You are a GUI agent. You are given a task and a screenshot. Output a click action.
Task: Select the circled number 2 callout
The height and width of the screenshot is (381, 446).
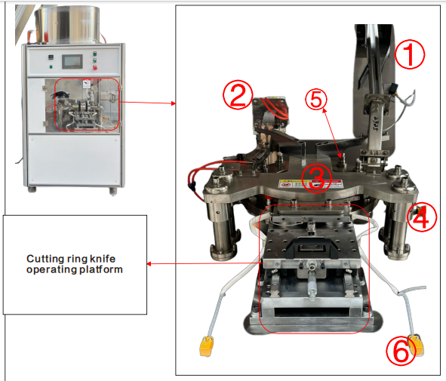[x=237, y=96]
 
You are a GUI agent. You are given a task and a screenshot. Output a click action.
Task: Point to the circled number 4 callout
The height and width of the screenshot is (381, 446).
[x=420, y=217]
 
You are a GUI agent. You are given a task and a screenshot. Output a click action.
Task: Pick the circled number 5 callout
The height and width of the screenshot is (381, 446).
[x=318, y=98]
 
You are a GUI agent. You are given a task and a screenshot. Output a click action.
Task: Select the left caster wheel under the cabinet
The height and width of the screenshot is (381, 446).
[x=32, y=189]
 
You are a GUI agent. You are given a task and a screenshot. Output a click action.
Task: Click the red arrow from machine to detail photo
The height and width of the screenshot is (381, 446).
[x=147, y=102]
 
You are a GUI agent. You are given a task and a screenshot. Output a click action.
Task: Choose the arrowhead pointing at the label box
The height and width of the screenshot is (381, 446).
[x=150, y=263]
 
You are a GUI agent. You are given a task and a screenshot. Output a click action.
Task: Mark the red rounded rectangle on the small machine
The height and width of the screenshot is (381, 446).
[x=85, y=104]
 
